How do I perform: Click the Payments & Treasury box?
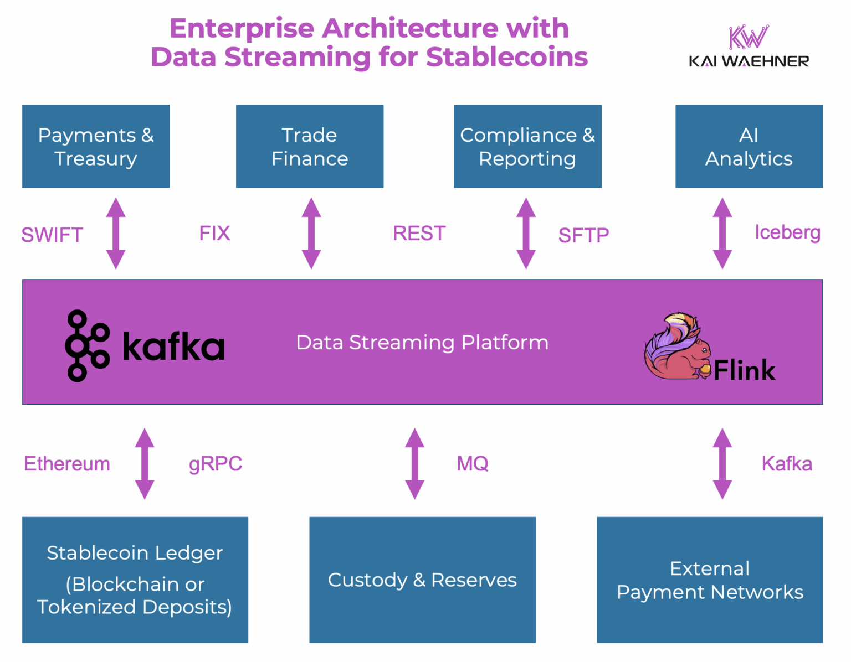coord(96,146)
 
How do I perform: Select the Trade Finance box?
coord(310,146)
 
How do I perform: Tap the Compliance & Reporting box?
coord(527,146)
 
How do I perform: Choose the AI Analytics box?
coord(749,146)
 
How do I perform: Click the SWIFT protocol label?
coord(52,235)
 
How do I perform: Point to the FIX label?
coord(214,234)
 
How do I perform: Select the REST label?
coord(419,234)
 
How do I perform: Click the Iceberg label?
coord(787,232)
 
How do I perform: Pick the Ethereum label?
coord(67,464)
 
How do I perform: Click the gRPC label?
coord(216,464)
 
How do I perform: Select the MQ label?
coord(472,464)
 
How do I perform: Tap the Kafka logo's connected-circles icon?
coord(86,346)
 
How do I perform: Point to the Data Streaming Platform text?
coord(422,343)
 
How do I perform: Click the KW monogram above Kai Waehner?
coord(749,37)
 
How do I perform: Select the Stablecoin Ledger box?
coord(135,580)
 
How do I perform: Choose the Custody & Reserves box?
coord(422,580)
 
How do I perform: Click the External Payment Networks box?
coord(710,580)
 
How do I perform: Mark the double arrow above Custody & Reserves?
coord(414,464)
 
